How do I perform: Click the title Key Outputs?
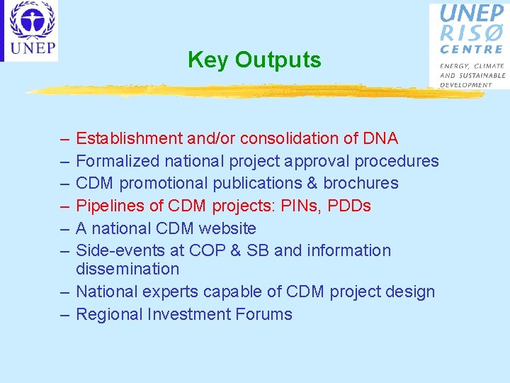click(254, 60)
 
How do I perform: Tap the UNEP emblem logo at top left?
click(31, 30)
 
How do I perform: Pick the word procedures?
click(397, 161)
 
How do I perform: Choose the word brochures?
click(361, 183)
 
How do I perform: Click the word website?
click(227, 228)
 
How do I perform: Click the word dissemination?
click(127, 269)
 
